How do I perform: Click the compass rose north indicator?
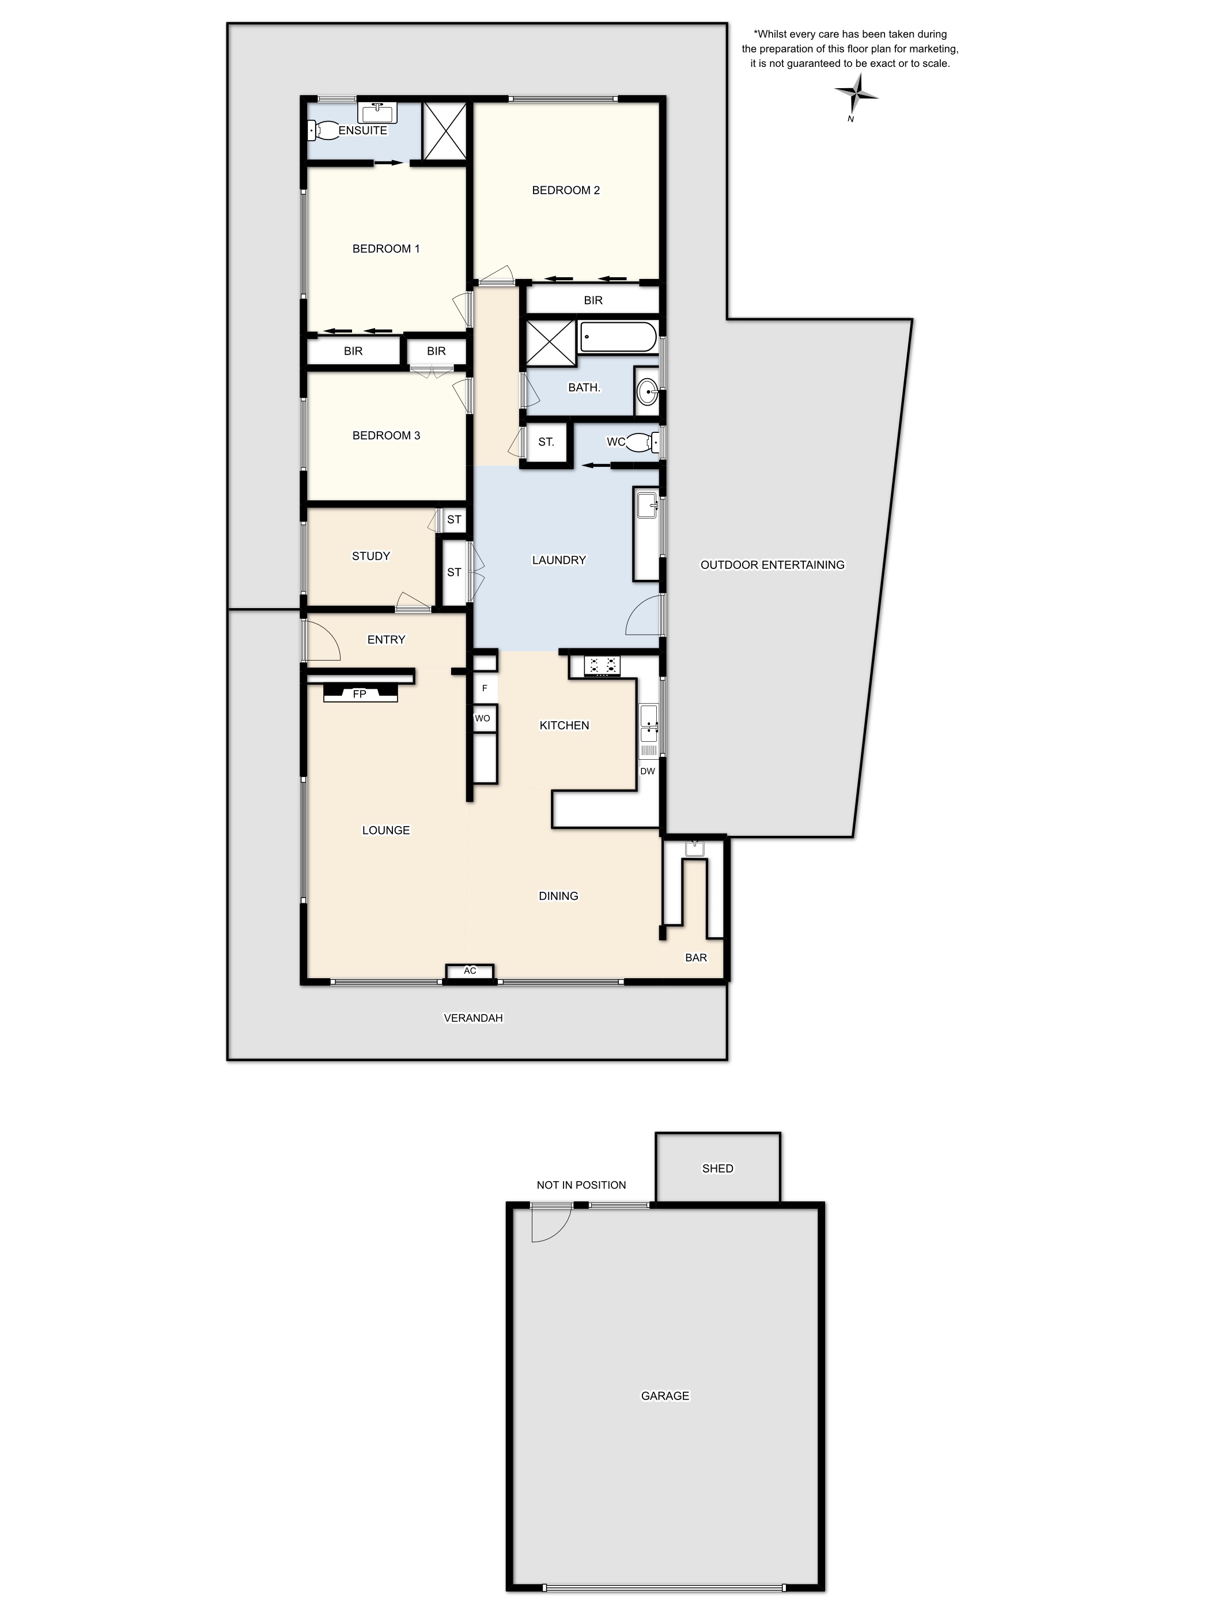pos(856,94)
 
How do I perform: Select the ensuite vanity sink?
pos(377,112)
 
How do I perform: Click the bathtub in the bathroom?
pos(617,337)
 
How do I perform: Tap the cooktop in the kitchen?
pos(603,665)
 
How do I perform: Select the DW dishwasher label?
pos(647,771)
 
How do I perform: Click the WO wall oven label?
pos(482,719)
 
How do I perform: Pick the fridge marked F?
pos(485,688)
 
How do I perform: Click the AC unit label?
pos(470,971)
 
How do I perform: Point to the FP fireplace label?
pos(359,694)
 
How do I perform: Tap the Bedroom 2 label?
pos(565,190)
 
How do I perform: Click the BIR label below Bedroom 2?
pos(593,300)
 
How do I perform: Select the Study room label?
pos(370,556)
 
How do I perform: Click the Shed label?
pos(717,1168)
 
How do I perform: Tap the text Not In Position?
pos(581,1185)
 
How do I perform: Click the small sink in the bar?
pos(694,848)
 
